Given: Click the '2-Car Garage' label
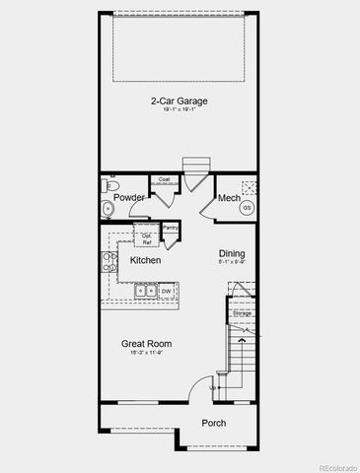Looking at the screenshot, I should (180, 100).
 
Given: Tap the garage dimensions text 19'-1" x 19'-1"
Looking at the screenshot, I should (180, 110).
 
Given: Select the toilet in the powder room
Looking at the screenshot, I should (110, 186).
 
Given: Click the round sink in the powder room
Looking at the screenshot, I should (107, 208).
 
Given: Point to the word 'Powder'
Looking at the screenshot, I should (130, 198).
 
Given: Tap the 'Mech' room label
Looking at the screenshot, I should (229, 198).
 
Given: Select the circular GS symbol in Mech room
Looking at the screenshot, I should (247, 208).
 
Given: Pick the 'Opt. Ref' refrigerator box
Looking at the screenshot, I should (146, 238).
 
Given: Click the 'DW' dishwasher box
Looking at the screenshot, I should (167, 291).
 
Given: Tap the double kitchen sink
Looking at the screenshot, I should (145, 291).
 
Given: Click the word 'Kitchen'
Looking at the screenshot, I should (145, 260).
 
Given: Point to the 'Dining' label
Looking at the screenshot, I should (232, 253).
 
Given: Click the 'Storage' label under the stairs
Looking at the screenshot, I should (242, 313).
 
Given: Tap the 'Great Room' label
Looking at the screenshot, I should (148, 344).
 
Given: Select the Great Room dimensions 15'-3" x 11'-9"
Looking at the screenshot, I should (148, 354).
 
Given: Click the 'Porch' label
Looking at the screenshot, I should (213, 423).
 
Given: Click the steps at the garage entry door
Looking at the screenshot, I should (194, 164).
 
